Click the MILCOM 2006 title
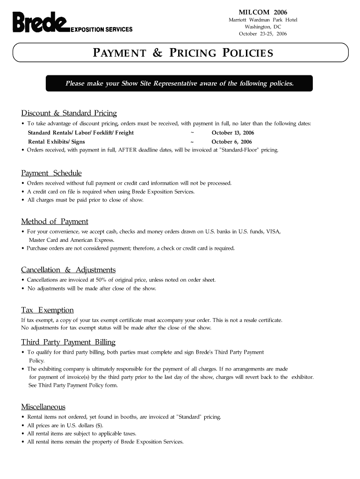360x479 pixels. (263, 12)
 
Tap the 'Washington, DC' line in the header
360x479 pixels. (263, 27)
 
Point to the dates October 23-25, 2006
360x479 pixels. (263, 34)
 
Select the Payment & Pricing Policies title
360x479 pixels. (183, 53)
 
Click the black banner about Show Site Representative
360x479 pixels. (180, 83)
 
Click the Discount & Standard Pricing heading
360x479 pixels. (69, 113)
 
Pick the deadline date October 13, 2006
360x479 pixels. (233, 133)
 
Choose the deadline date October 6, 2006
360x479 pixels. (231, 141)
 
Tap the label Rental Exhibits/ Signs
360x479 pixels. (56, 141)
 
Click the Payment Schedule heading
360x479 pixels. (51, 173)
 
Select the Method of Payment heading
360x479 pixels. (55, 221)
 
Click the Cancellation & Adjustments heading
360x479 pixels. (68, 270)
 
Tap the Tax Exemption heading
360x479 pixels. (47, 310)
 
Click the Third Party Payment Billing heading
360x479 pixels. (68, 342)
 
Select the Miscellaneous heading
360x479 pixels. (43, 406)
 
